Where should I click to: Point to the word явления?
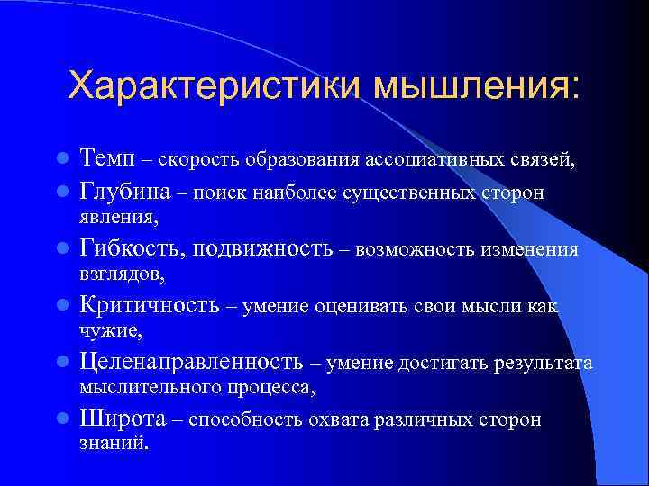click(118, 217)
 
